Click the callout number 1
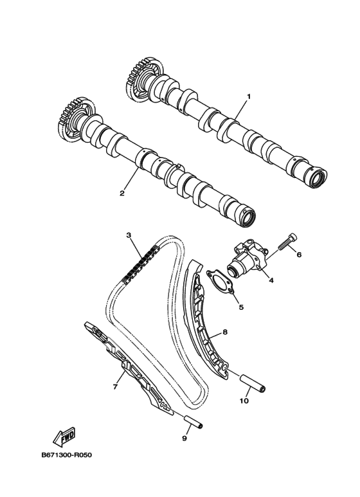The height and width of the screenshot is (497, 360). (x=249, y=96)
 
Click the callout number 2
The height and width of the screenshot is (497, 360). (x=122, y=193)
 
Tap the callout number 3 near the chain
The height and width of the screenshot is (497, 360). (x=129, y=235)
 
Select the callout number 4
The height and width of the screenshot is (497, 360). (x=271, y=280)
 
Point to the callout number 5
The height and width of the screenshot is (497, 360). (x=241, y=307)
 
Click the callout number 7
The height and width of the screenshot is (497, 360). (x=115, y=386)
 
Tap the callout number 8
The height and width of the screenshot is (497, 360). (x=225, y=332)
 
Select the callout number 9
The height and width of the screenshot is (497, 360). (x=184, y=438)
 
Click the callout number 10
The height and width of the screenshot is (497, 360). (x=244, y=401)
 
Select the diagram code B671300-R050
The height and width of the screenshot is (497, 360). (x=67, y=455)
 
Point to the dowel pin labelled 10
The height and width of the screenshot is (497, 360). (x=253, y=383)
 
